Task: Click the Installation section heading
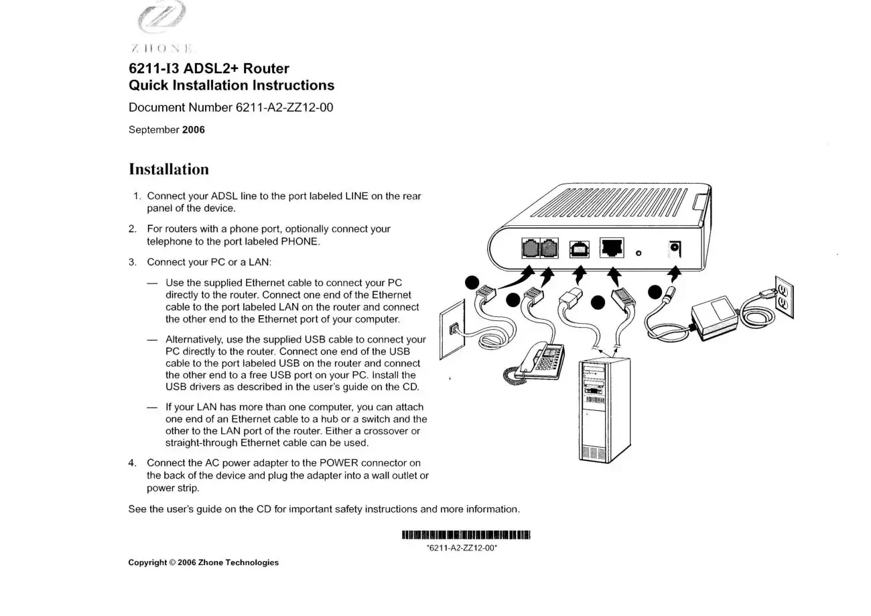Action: click(x=168, y=169)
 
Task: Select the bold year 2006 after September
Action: click(x=194, y=130)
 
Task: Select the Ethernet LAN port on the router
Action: click(x=612, y=247)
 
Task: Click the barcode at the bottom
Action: click(x=466, y=535)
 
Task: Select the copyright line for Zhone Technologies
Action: click(x=203, y=562)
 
